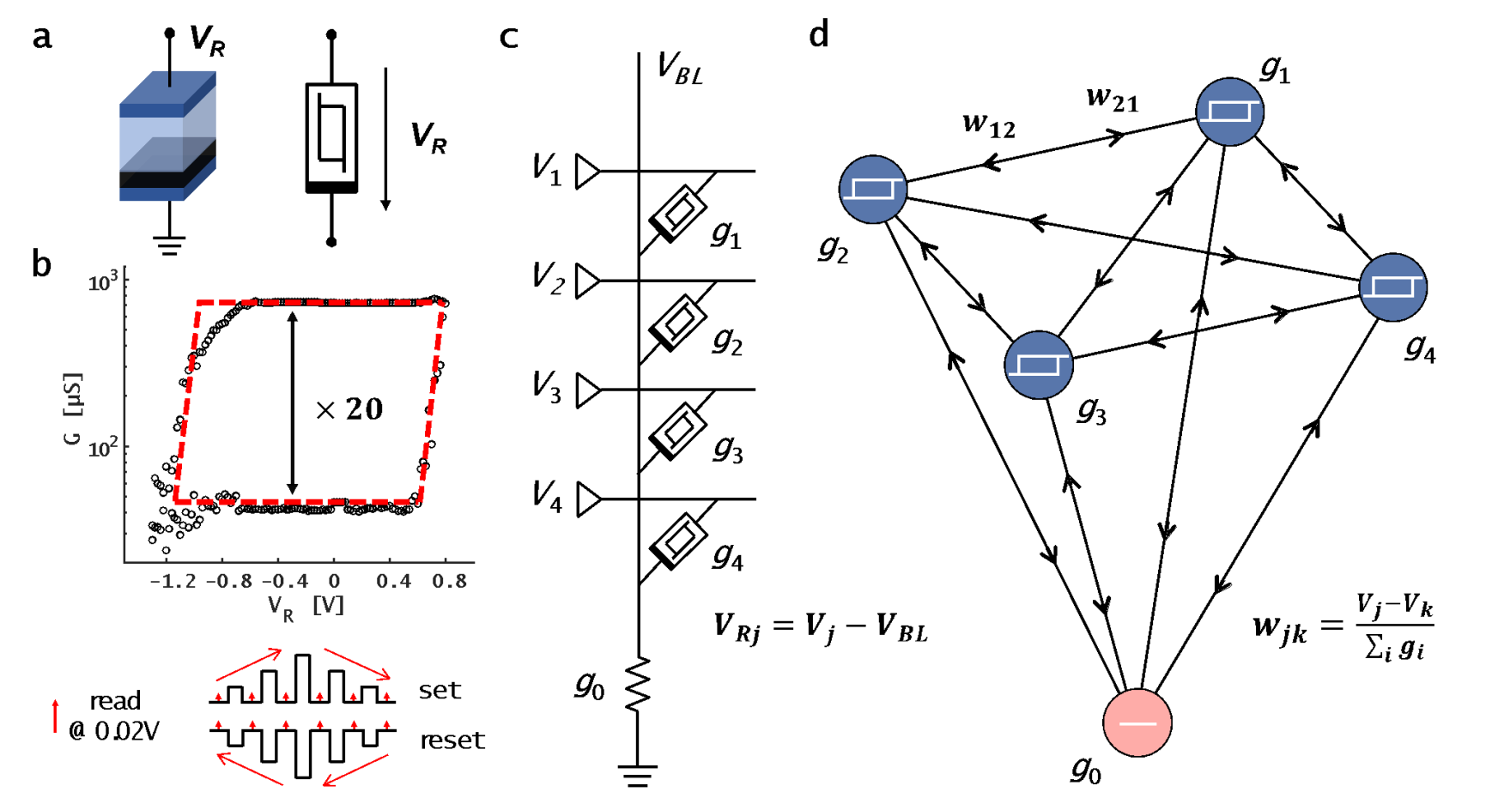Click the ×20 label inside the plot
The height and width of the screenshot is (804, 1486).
350,409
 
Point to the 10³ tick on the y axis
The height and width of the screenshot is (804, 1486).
102,281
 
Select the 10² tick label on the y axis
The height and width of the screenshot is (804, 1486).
102,447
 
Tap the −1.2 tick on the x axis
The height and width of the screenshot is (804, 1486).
173,582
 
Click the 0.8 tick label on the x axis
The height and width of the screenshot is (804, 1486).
450,582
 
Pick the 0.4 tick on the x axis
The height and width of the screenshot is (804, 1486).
393,582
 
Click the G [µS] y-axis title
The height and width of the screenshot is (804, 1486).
73,409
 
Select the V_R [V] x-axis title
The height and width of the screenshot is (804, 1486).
306,607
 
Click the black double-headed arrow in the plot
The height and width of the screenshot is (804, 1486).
292,402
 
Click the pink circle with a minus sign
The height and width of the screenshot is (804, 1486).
1137,722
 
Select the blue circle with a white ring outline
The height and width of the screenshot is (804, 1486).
873,190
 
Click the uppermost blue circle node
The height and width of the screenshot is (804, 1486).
1230,112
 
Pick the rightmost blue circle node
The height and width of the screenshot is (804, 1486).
1393,287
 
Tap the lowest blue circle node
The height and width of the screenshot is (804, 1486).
1039,365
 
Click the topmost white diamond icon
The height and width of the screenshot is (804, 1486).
680,212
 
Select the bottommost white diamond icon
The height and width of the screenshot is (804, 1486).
680,540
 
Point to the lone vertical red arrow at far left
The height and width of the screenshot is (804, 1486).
56,716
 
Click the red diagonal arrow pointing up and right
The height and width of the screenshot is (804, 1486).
249,665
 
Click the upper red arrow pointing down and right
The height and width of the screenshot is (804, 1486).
357,664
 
